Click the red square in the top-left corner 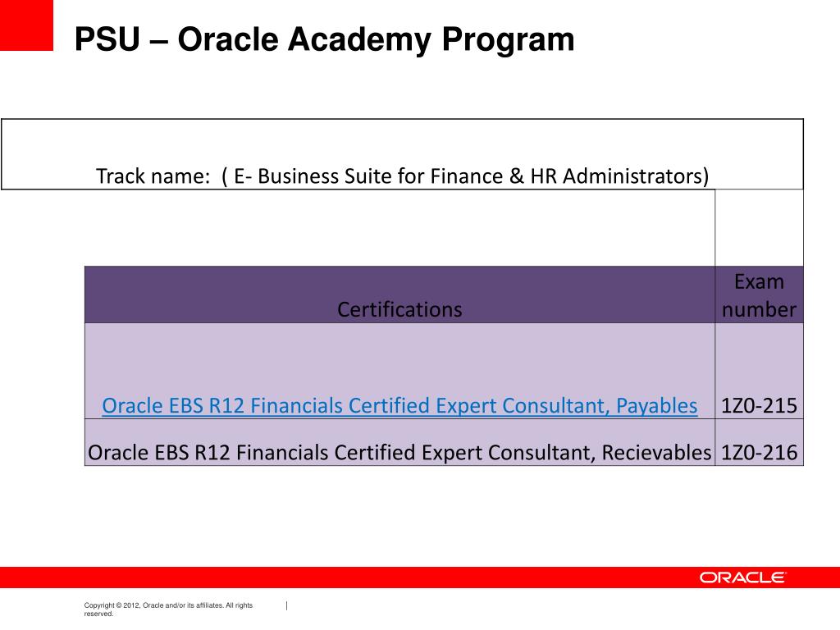(x=26, y=25)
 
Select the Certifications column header (x=399, y=309)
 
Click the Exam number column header (x=759, y=295)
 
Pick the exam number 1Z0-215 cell (x=759, y=406)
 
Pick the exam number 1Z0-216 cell (x=759, y=453)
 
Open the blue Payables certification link (x=399, y=406)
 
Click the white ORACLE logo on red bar (x=742, y=577)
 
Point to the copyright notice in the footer (x=168, y=609)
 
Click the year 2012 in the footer (x=130, y=605)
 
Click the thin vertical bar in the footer (x=286, y=605)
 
